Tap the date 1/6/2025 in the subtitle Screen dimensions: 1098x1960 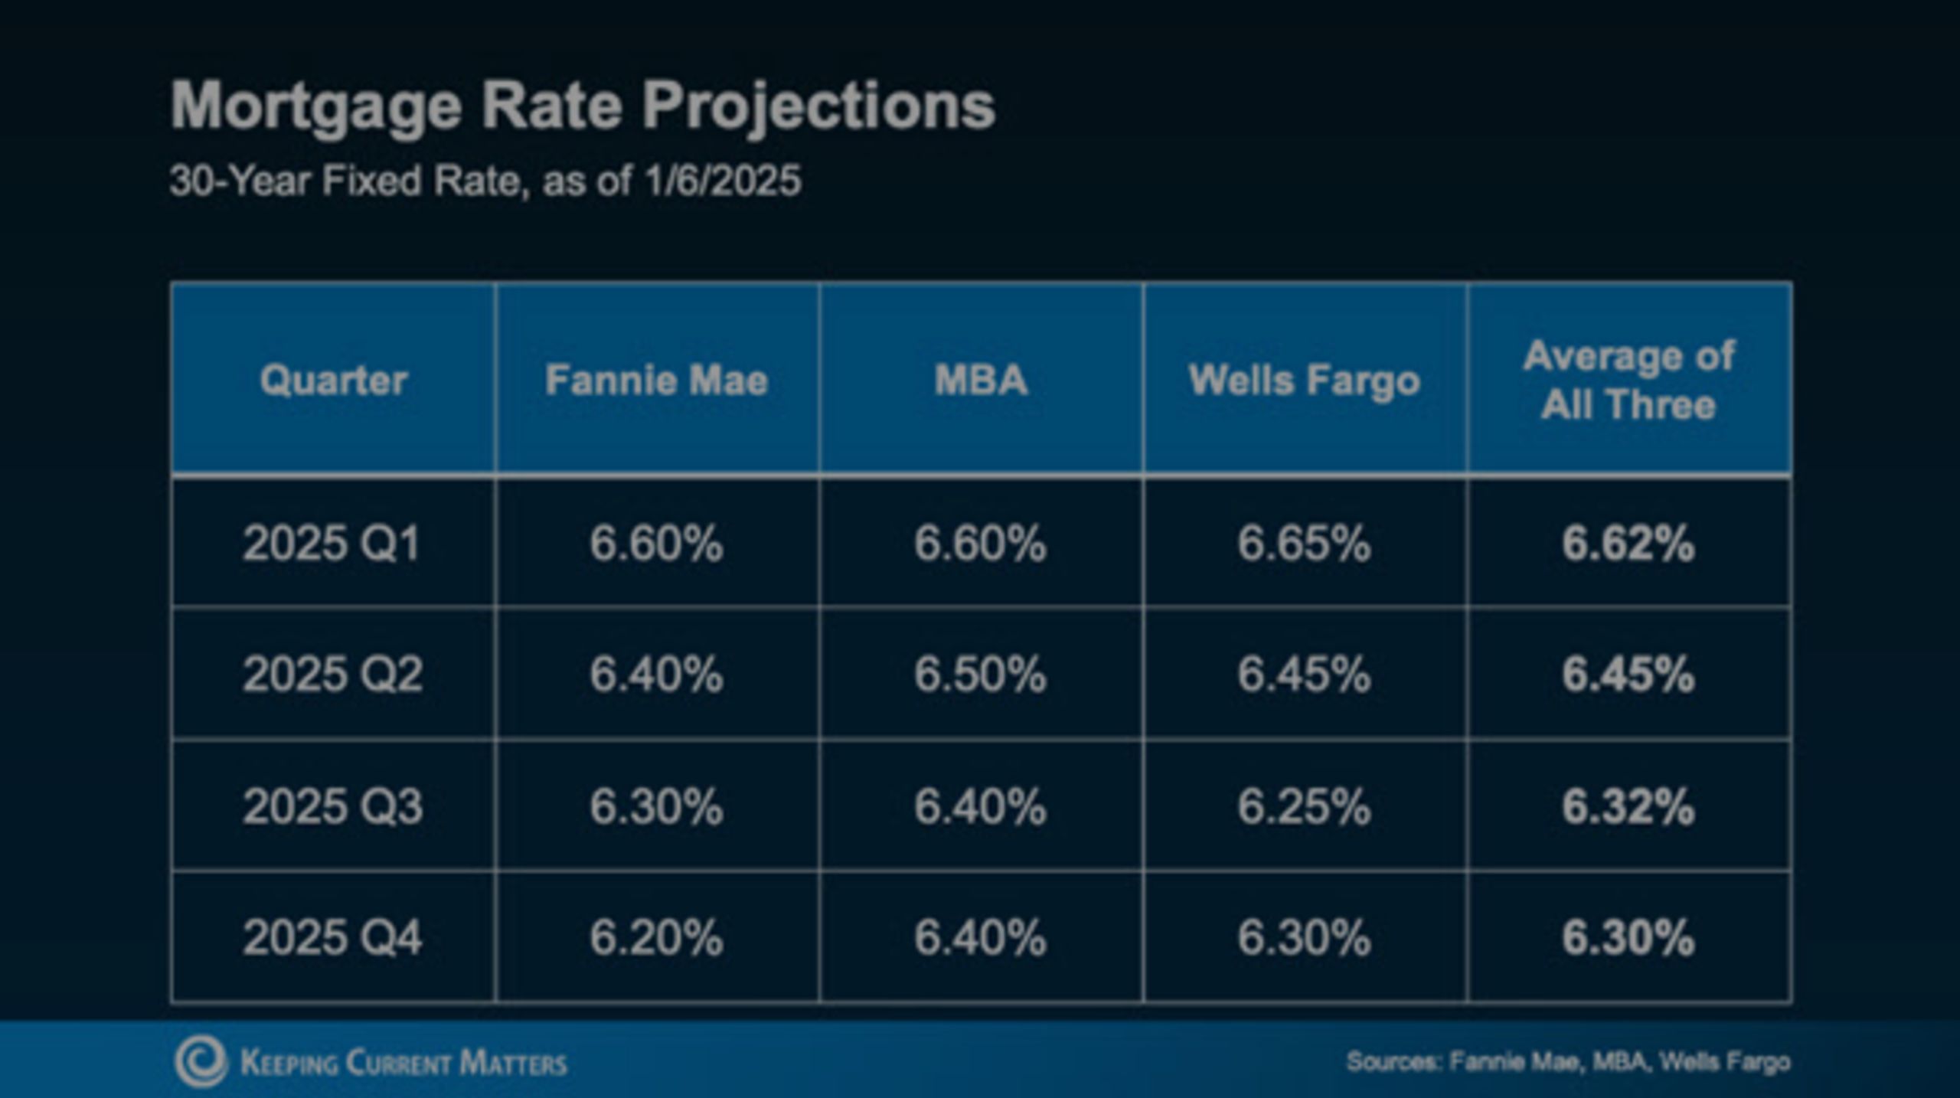pyautogui.click(x=723, y=181)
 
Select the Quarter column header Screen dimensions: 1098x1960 pyautogui.click(x=333, y=380)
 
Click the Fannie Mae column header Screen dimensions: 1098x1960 pyautogui.click(x=656, y=380)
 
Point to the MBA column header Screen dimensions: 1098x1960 pyautogui.click(x=981, y=380)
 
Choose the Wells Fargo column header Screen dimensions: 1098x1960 pyautogui.click(x=1304, y=380)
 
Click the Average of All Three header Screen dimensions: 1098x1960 pyautogui.click(x=1628, y=380)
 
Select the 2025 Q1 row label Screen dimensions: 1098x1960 pyautogui.click(x=332, y=544)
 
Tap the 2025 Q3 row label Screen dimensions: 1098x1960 pyautogui.click(x=332, y=806)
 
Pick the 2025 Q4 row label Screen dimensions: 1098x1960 pyautogui.click(x=332, y=937)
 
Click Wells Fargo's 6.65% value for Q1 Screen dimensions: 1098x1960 pyautogui.click(x=1304, y=544)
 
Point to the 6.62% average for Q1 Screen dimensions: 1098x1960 pyautogui.click(x=1628, y=544)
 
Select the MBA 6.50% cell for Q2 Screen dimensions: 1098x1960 pyautogui.click(x=980, y=675)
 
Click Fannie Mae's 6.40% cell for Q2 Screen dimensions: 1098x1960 pyautogui.click(x=656, y=675)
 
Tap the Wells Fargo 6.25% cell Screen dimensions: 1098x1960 pyautogui.click(x=1304, y=806)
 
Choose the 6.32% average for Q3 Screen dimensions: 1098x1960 pyautogui.click(x=1628, y=806)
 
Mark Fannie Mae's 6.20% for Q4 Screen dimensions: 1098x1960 pyautogui.click(x=656, y=937)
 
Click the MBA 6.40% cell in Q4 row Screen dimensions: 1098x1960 pyautogui.click(x=980, y=937)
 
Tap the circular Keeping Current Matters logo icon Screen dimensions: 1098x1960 pyautogui.click(x=201, y=1062)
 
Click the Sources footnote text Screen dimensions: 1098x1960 pyautogui.click(x=1567, y=1062)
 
